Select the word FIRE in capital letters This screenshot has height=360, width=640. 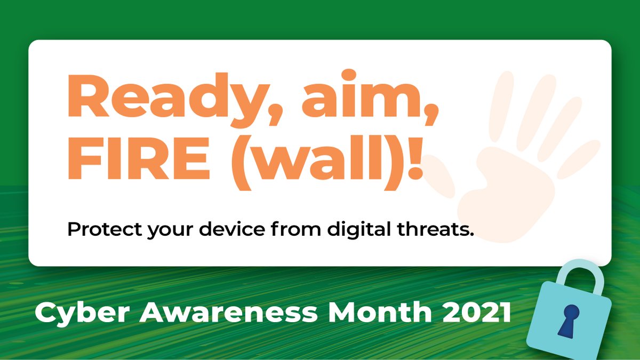(x=140, y=159)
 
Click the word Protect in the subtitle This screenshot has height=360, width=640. (x=101, y=230)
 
